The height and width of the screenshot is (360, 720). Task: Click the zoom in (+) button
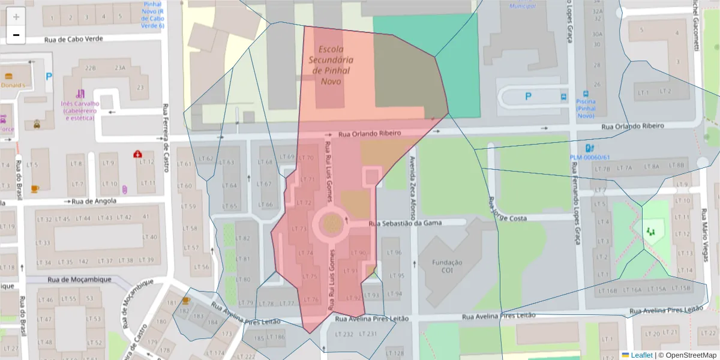[x=16, y=17]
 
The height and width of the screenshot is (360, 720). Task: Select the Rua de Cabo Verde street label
[x=73, y=39]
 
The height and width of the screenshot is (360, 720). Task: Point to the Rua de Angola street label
[x=93, y=202]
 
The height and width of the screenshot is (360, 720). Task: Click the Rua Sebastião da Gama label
[x=405, y=223]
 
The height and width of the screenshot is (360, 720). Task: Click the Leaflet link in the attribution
[x=641, y=355]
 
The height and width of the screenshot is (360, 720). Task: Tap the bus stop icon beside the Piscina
[x=563, y=96]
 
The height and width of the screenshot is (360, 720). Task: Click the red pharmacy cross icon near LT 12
[x=138, y=154]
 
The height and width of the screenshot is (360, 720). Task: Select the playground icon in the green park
[x=650, y=230]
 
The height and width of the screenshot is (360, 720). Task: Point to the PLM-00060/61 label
[x=589, y=158]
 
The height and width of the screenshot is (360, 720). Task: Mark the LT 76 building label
[x=311, y=299]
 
